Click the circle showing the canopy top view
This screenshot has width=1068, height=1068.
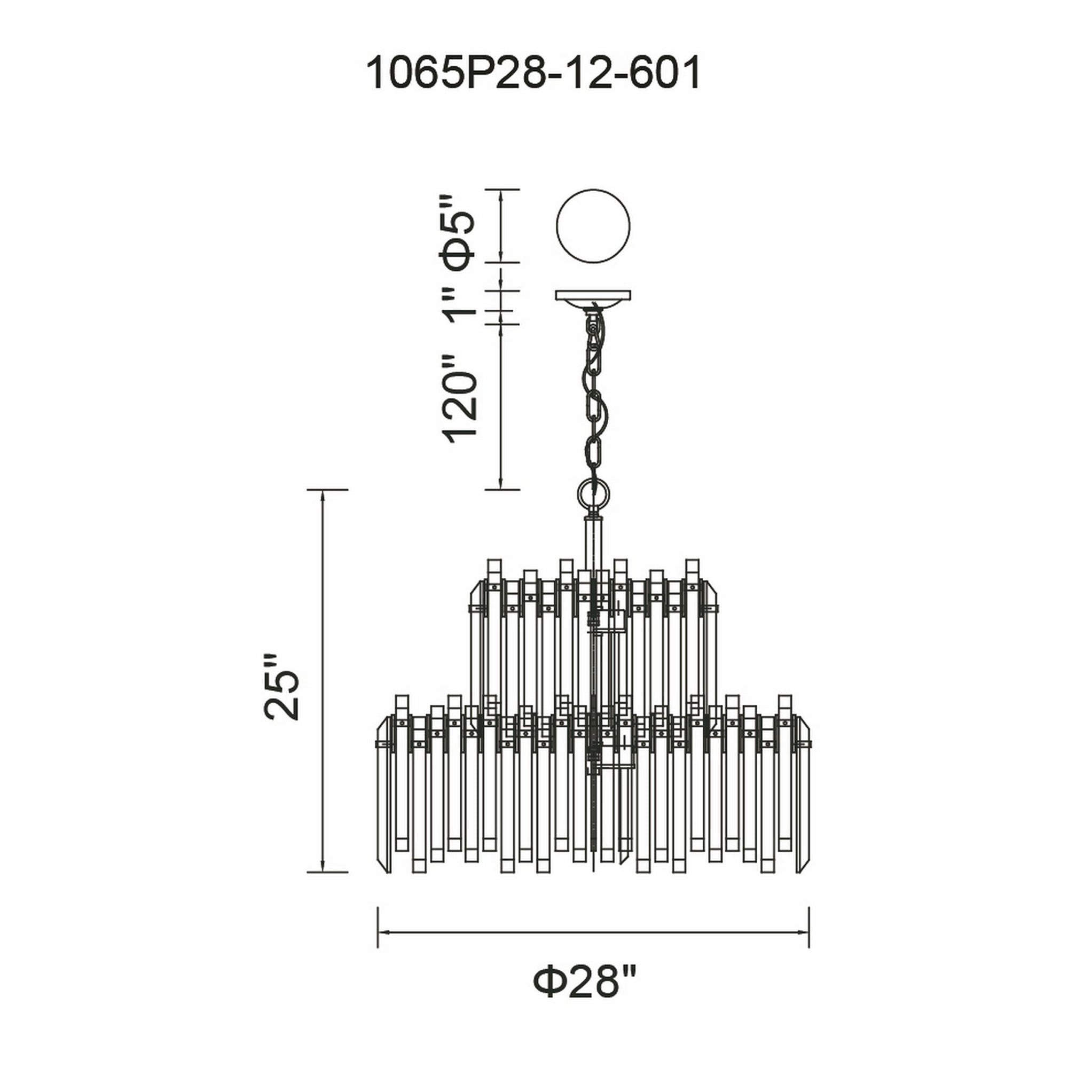593,226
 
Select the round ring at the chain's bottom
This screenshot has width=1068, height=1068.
593,491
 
